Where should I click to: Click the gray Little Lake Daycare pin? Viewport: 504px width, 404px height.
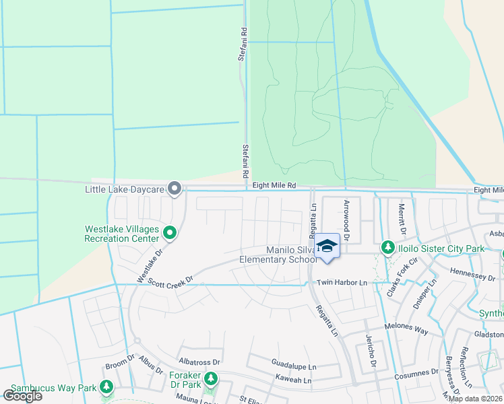click(175, 189)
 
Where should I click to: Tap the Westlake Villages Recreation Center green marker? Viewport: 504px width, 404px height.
click(170, 234)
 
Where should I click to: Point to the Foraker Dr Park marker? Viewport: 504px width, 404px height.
click(211, 378)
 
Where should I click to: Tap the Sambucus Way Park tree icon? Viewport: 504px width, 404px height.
click(106, 387)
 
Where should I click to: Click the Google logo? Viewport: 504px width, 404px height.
click(22, 396)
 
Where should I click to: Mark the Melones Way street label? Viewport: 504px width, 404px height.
click(406, 331)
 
